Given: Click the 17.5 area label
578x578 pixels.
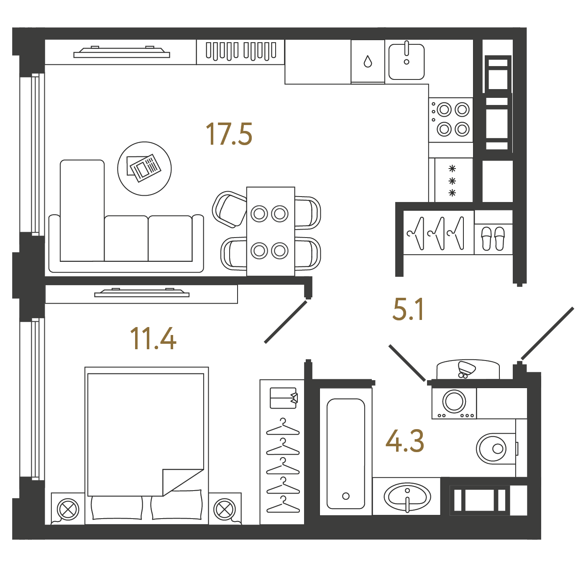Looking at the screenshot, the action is click(229, 134).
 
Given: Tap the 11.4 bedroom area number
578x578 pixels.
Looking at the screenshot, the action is click(153, 338).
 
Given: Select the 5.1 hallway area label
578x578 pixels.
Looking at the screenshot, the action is click(408, 309).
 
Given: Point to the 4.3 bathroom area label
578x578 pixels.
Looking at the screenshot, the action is click(404, 441).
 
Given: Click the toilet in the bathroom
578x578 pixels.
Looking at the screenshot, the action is click(496, 448).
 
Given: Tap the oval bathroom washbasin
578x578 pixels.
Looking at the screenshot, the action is click(407, 496).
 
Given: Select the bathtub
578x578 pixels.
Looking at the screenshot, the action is click(345, 451).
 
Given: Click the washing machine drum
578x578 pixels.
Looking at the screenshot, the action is click(454, 401).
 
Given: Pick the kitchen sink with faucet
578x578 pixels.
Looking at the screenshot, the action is click(407, 61).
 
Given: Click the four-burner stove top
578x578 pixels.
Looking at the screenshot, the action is click(451, 120).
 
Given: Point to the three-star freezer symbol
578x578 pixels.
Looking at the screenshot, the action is click(452, 181).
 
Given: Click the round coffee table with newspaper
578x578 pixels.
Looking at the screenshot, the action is click(144, 169).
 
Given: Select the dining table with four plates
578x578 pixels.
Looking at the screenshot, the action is click(271, 231).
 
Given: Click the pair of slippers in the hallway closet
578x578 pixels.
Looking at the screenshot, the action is click(493, 238).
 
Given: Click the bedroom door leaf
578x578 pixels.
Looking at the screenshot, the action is click(286, 322).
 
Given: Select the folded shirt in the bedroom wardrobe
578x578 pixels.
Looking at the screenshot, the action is click(284, 398).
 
